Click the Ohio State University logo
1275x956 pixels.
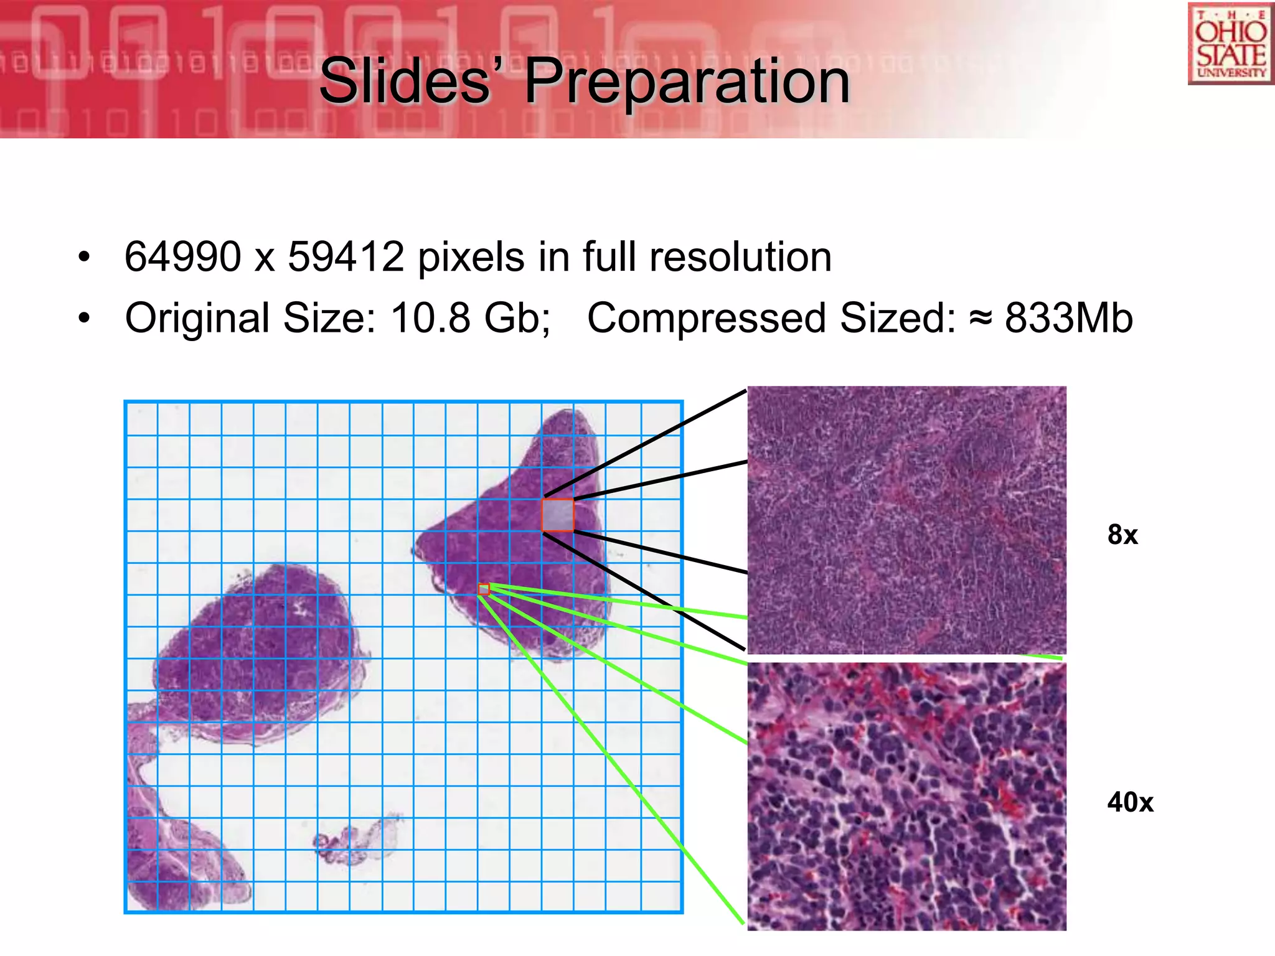pyautogui.click(x=1230, y=44)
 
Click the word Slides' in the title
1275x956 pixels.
pyautogui.click(x=405, y=81)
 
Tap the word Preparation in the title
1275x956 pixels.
pyautogui.click(x=687, y=81)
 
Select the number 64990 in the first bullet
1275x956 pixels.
pyautogui.click(x=182, y=256)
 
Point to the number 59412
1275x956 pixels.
pyautogui.click(x=346, y=256)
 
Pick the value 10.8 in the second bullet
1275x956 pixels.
pyautogui.click(x=430, y=317)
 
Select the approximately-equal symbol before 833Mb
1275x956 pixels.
pyautogui.click(x=981, y=319)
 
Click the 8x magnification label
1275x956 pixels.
pyautogui.click(x=1122, y=535)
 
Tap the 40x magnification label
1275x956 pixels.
pyautogui.click(x=1130, y=802)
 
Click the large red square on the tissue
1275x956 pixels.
pyautogui.click(x=558, y=515)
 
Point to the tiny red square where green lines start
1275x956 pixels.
pyautogui.click(x=484, y=589)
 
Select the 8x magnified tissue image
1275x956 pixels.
pyautogui.click(x=906, y=520)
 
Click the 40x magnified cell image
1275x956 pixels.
pyautogui.click(x=906, y=796)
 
